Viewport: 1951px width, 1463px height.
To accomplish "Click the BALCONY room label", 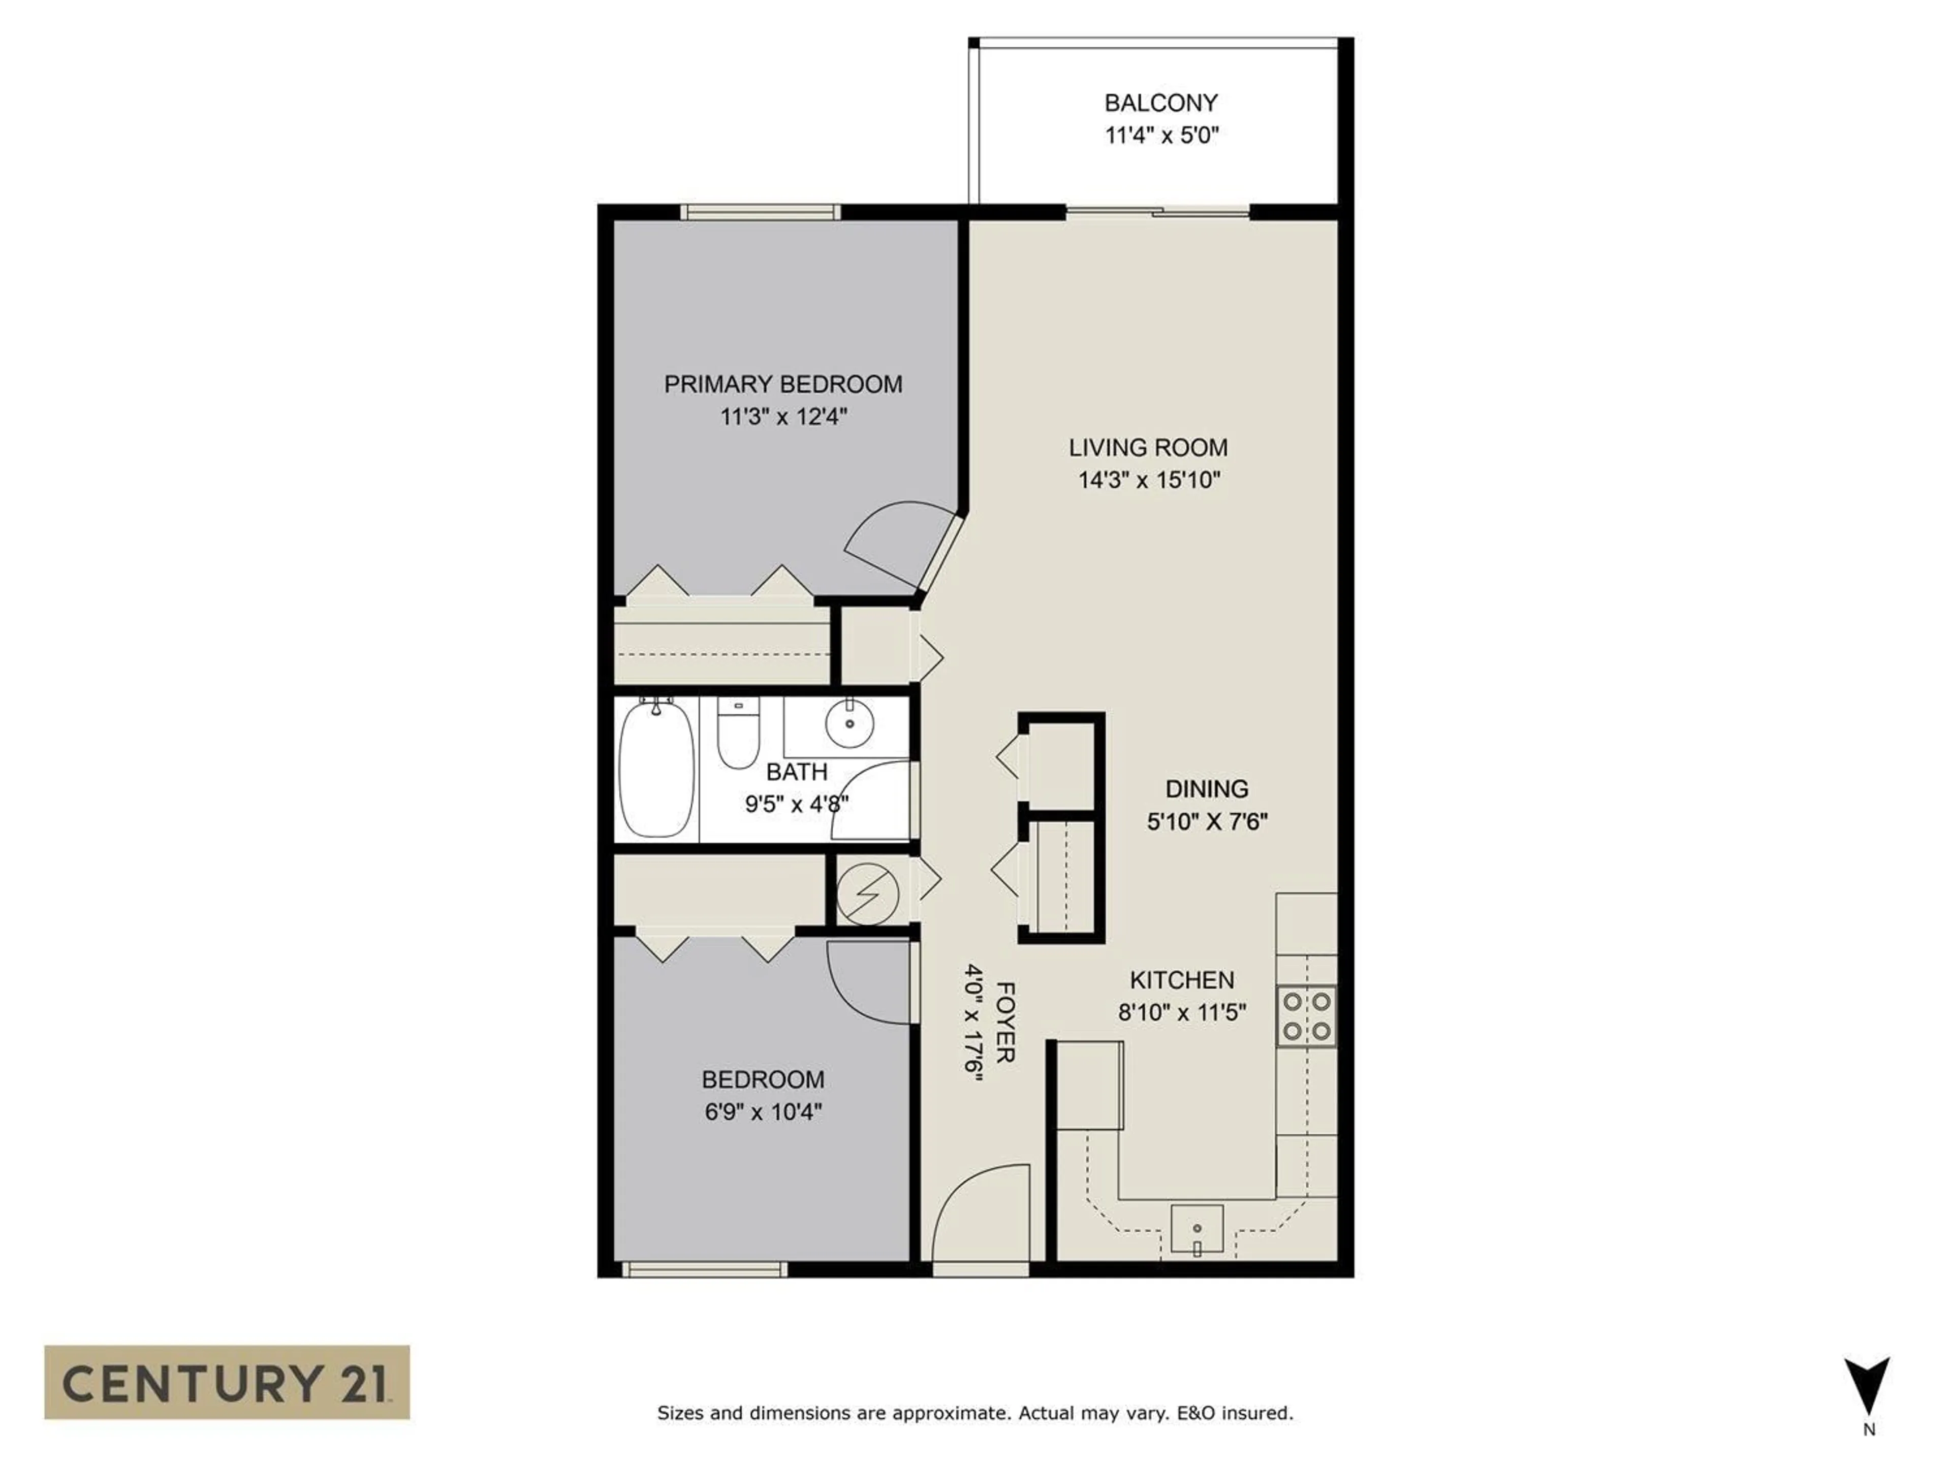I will coord(1161,103).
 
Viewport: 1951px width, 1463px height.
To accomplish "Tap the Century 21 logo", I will coord(227,1382).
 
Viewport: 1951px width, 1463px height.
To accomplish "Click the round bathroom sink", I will coord(849,723).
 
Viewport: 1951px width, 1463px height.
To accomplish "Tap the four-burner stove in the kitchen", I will coord(1306,1016).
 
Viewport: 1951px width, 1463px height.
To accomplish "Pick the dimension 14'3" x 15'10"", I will coord(1148,481).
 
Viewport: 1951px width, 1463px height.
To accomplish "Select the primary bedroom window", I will coord(760,212).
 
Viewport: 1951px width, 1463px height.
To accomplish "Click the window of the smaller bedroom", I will coord(704,1270).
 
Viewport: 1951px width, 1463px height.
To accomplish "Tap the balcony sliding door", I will coord(1158,212).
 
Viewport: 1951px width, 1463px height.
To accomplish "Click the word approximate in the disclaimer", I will coord(951,1413).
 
